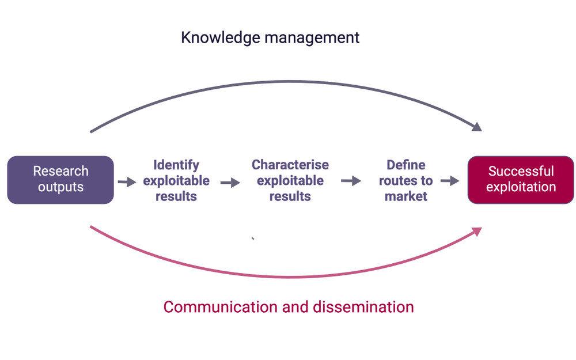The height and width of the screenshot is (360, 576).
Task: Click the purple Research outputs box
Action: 60,179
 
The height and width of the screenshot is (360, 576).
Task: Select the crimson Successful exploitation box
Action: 521,179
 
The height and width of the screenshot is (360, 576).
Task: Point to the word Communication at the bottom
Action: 219,306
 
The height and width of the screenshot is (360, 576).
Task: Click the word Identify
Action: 176,165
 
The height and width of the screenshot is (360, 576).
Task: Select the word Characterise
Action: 290,165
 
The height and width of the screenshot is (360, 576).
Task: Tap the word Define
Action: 406,165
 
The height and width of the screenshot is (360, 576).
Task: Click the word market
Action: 406,196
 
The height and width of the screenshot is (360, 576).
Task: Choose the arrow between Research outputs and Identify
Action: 127,182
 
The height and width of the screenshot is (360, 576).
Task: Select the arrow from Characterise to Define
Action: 351,181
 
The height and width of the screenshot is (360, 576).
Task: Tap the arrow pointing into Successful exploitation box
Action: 449,181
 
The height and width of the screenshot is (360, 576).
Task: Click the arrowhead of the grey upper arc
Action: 476,127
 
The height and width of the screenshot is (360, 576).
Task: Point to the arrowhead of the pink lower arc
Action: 476,231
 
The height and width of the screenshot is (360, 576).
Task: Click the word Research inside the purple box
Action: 60,171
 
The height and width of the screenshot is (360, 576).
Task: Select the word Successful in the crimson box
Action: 521,171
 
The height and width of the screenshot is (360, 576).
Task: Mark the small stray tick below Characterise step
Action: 253,238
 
